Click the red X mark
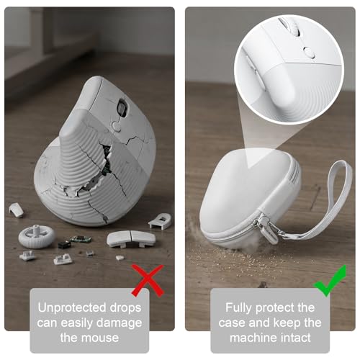pos(148,280)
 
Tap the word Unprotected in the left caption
pos(72,308)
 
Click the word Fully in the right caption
pos(239,308)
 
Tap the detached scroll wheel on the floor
pos(37,236)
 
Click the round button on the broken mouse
pos(117,126)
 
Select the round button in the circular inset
pos(309,53)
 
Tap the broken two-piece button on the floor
pos(131,239)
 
